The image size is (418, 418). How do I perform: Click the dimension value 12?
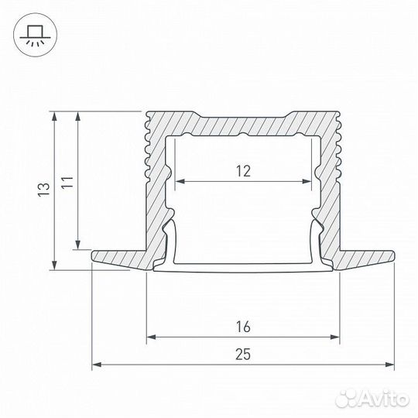(x=244, y=171)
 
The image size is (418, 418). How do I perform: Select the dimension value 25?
(x=244, y=354)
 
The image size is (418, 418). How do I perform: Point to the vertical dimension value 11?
(x=69, y=183)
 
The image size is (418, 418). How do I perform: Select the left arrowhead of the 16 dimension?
(x=150, y=337)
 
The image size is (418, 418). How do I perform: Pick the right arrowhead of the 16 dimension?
(x=337, y=337)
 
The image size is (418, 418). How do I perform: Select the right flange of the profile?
(x=368, y=256)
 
